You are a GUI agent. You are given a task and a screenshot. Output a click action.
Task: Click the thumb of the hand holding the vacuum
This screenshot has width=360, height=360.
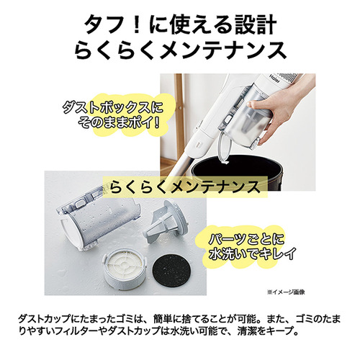click(258, 104)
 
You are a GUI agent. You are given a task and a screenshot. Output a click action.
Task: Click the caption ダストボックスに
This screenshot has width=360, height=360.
click(112, 108)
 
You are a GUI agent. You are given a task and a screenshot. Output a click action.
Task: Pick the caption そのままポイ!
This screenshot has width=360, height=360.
click(119, 123)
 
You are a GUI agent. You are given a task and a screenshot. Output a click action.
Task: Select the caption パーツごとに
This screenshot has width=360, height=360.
click(246, 238)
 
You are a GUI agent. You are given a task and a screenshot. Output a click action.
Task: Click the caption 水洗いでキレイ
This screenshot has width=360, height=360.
click(252, 253)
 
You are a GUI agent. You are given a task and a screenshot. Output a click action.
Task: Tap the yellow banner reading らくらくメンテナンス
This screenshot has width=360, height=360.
click(185, 187)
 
